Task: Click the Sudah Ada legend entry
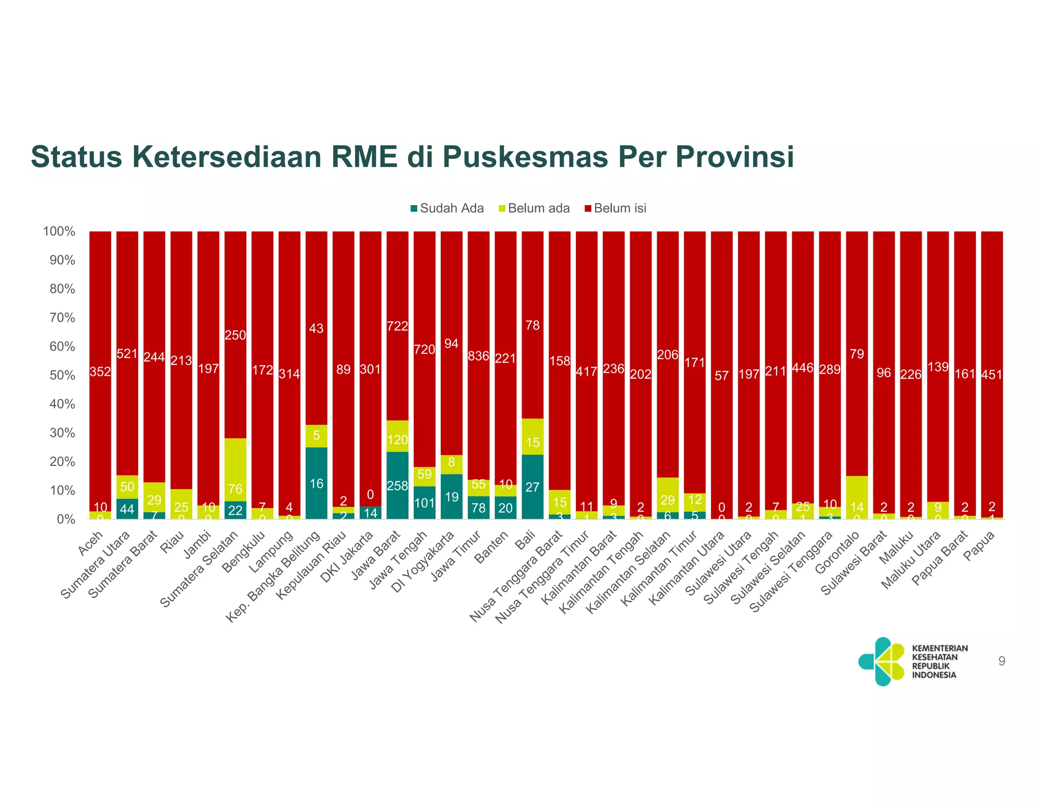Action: tap(447, 209)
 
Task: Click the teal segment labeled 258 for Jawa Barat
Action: tap(397, 486)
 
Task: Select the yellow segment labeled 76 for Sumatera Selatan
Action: tap(235, 470)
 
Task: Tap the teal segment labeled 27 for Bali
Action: tap(532, 487)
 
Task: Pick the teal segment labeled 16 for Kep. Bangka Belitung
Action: tap(316, 483)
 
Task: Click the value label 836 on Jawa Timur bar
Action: tap(478, 356)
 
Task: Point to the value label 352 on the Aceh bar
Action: tap(100, 372)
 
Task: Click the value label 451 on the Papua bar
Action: tap(992, 375)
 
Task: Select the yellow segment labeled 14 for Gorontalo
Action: tap(857, 497)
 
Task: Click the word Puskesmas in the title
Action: tap(525, 157)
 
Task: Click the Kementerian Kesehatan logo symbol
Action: tap(882, 661)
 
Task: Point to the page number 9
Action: tap(1001, 661)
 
